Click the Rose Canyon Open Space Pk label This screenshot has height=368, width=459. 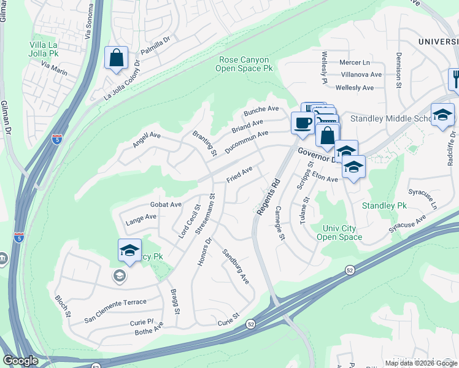(244, 64)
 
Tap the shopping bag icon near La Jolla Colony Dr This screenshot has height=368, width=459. (116, 59)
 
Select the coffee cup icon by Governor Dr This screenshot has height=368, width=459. (303, 123)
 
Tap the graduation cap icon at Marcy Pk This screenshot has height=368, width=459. (129, 250)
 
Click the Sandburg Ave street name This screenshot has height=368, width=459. (236, 266)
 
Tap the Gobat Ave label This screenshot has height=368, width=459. (166, 204)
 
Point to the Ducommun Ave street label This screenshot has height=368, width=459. (246, 142)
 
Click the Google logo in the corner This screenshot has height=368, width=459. (20, 361)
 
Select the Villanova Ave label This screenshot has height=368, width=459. (361, 75)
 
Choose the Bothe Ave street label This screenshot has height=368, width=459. (149, 332)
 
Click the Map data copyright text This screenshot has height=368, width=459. (421, 363)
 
